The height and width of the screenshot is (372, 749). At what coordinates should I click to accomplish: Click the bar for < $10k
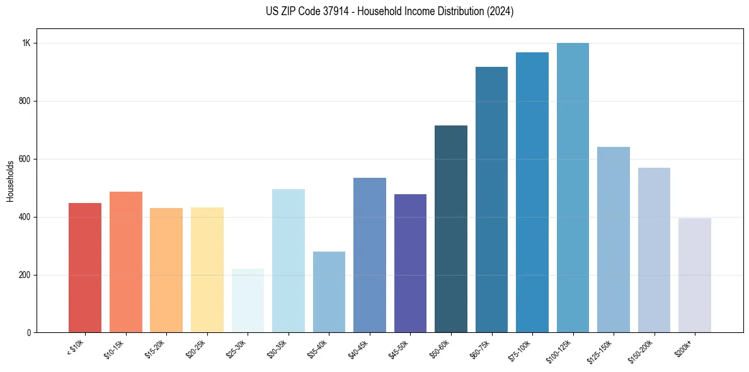(85, 267)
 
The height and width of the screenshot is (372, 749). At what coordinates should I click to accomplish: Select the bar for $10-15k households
(125, 262)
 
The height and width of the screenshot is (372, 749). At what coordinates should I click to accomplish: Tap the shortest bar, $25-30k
(248, 300)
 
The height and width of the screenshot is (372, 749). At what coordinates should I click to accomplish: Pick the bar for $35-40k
(329, 292)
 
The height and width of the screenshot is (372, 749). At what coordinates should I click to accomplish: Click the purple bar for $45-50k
(410, 263)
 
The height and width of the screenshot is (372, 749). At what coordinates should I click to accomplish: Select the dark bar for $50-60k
(451, 229)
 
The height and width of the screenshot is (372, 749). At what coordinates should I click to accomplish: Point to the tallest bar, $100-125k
(573, 187)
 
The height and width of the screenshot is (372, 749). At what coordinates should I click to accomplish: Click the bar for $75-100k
(532, 192)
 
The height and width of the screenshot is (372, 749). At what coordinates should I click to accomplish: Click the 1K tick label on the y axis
(26, 44)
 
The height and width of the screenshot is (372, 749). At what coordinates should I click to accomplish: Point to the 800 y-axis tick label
(25, 101)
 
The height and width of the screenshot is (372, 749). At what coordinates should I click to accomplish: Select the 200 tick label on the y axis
(25, 275)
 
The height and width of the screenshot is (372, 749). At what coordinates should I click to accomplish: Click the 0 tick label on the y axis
(29, 333)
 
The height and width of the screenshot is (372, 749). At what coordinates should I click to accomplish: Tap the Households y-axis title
(11, 181)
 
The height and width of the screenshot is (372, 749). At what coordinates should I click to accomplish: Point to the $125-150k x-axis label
(600, 350)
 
